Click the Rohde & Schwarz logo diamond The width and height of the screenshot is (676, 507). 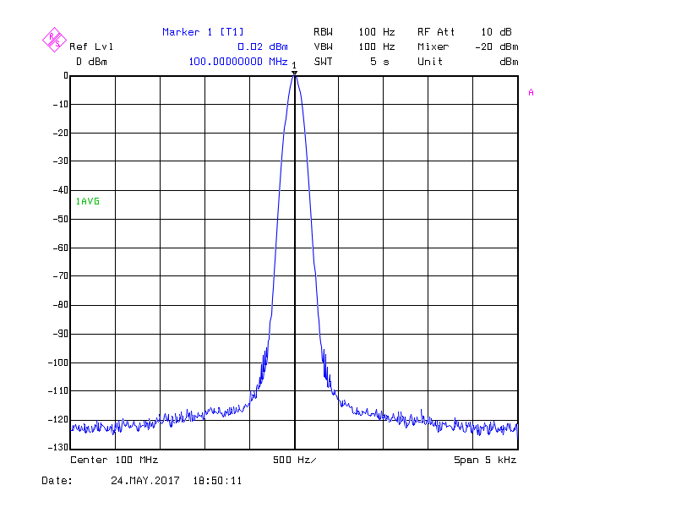(x=54, y=38)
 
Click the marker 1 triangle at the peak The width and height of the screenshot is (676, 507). (x=294, y=73)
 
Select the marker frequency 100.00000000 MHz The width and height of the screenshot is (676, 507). (x=238, y=62)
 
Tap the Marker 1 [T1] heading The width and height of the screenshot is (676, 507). (x=203, y=32)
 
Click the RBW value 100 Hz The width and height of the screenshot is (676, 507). (x=377, y=32)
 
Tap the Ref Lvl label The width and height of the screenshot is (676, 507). (x=91, y=46)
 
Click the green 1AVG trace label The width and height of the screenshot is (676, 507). (x=87, y=201)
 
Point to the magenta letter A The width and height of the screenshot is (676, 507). (x=531, y=93)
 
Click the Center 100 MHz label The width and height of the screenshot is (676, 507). (x=114, y=460)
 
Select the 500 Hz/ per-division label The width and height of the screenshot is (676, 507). (x=294, y=460)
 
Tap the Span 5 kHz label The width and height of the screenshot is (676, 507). (x=485, y=460)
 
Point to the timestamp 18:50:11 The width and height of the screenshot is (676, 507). (x=218, y=481)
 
